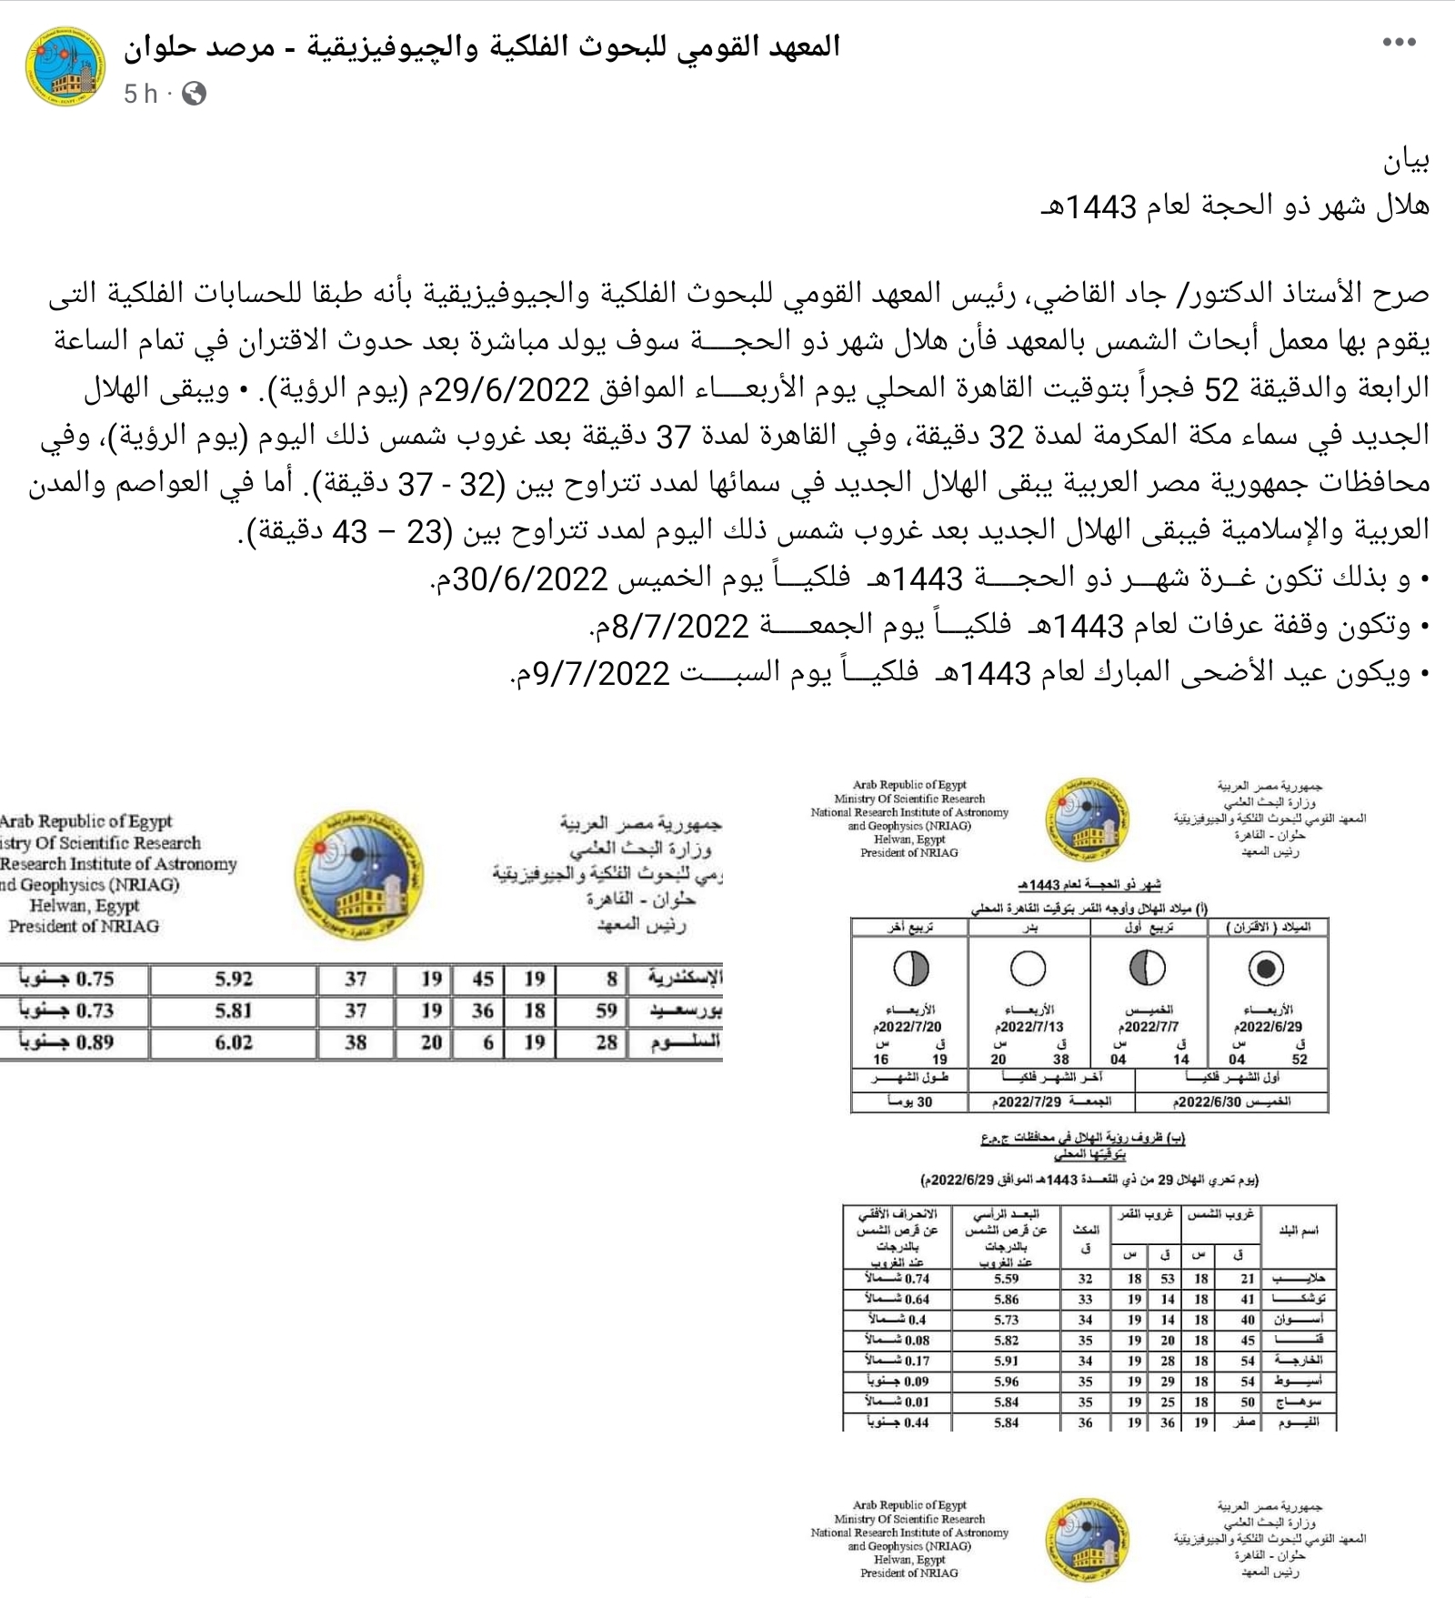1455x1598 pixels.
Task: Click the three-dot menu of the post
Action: pyautogui.click(x=1399, y=43)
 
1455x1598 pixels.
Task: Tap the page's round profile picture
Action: pyautogui.click(x=64, y=66)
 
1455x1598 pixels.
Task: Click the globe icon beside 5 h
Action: pyautogui.click(x=194, y=94)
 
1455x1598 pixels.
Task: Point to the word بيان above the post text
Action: pyautogui.click(x=1406, y=161)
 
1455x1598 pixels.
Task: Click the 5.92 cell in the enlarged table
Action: pyautogui.click(x=234, y=979)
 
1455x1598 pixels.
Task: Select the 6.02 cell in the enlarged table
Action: pyautogui.click(x=234, y=1042)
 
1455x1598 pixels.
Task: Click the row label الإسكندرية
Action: pyautogui.click(x=685, y=979)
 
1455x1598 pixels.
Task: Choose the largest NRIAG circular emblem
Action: pyautogui.click(x=357, y=876)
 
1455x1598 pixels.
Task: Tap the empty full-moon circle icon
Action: pyautogui.click(x=1028, y=969)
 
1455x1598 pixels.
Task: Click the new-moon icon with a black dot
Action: pyautogui.click(x=1266, y=969)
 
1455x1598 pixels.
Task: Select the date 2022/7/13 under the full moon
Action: pyautogui.click(x=1029, y=1026)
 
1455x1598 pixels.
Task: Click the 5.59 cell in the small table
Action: pyautogui.click(x=1006, y=1279)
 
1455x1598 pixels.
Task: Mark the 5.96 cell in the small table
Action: pyautogui.click(x=1006, y=1382)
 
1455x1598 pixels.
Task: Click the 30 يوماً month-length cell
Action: pyautogui.click(x=910, y=1101)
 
